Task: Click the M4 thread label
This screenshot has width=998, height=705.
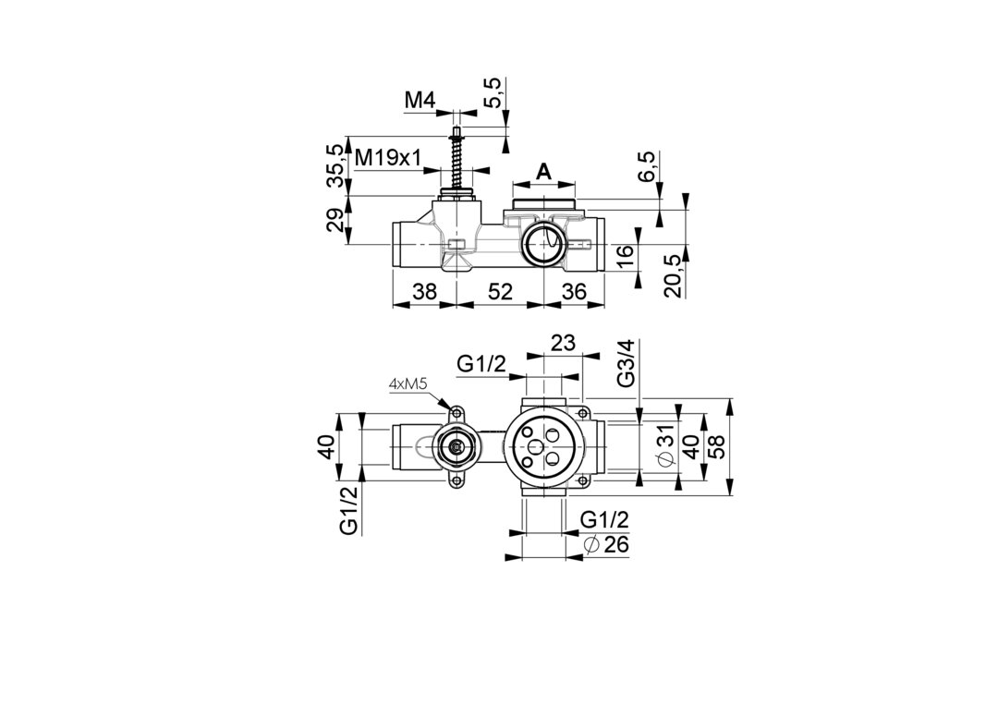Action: click(420, 100)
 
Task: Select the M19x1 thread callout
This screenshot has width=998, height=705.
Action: click(388, 158)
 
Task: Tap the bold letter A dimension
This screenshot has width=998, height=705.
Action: click(544, 170)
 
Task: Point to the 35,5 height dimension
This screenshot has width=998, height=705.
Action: click(336, 165)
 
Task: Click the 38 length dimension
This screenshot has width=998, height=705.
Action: click(424, 291)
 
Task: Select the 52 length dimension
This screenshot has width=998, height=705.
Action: click(500, 291)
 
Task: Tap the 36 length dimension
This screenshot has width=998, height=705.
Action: click(574, 291)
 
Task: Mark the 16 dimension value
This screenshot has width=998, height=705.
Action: click(625, 255)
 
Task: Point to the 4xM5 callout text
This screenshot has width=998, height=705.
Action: click(408, 383)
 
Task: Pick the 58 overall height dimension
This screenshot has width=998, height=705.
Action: click(718, 448)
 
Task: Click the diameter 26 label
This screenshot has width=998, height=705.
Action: click(607, 545)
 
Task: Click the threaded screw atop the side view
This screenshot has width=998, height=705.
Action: click(456, 157)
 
